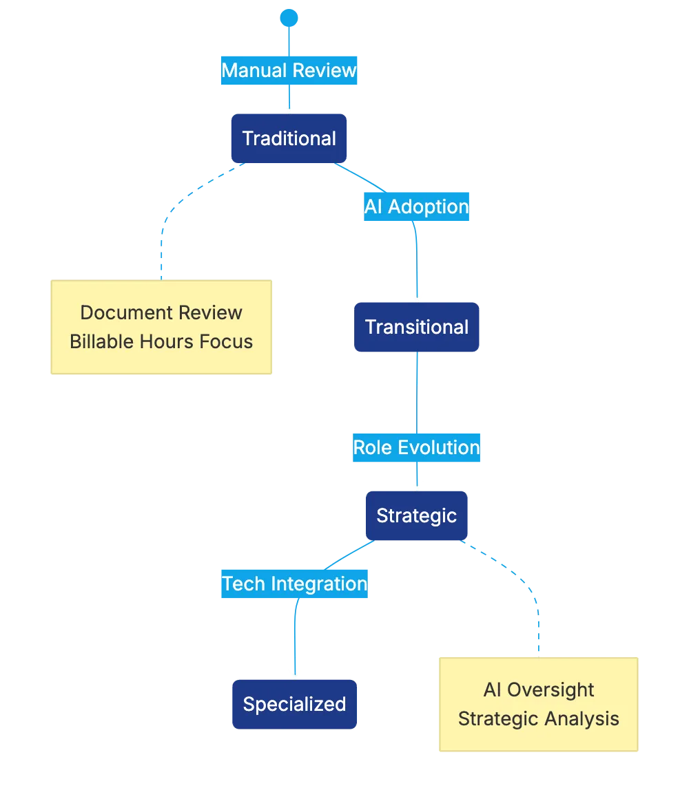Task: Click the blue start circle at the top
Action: click(289, 17)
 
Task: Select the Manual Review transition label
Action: click(289, 70)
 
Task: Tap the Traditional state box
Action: click(289, 138)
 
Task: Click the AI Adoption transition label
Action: click(417, 206)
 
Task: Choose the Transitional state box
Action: click(416, 327)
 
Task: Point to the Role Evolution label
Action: click(416, 447)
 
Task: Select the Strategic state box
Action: click(416, 515)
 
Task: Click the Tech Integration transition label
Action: click(294, 584)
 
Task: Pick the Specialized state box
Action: click(294, 704)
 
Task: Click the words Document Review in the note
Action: click(161, 312)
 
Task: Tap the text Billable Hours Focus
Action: click(161, 341)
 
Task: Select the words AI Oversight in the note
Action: click(538, 690)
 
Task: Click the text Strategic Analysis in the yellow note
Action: click(538, 718)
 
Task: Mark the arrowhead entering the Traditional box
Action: click(289, 107)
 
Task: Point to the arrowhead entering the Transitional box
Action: click(415, 296)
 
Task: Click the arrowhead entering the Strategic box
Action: click(416, 484)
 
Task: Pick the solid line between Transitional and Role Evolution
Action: click(416, 392)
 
